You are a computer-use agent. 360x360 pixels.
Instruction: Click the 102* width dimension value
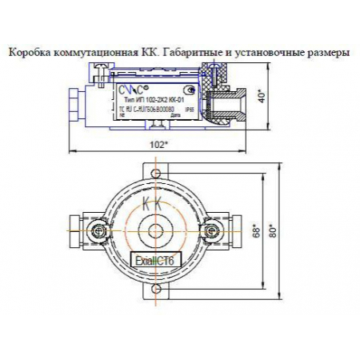pos(159,145)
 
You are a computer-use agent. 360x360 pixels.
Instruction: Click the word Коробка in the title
pos(27,52)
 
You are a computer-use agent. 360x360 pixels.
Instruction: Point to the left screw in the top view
pos(98,231)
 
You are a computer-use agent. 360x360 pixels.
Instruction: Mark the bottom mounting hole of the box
pos(153,294)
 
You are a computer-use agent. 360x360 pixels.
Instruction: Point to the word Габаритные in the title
pos(190,52)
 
